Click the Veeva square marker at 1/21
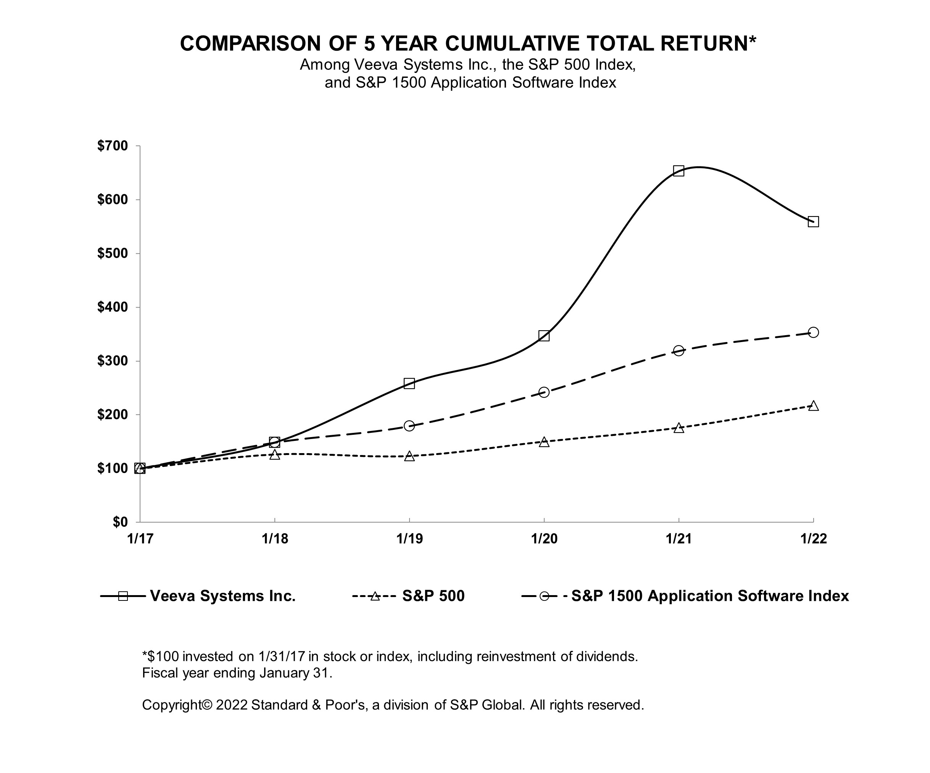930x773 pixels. pos(679,171)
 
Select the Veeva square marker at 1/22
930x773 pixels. pos(813,221)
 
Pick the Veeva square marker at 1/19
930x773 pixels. pos(409,383)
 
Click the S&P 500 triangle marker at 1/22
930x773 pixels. pos(813,406)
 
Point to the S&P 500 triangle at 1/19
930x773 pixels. pos(409,456)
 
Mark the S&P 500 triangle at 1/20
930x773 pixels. pos(544,442)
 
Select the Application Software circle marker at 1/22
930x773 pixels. pos(813,332)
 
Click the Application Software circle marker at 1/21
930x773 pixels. pos(679,351)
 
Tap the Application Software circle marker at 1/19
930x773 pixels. pos(409,426)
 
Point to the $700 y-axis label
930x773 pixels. pos(113,146)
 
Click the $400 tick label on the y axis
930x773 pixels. pos(113,307)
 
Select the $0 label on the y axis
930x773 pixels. pos(119,522)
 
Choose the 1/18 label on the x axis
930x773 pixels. pos(274,539)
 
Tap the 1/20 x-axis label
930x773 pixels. pos(544,539)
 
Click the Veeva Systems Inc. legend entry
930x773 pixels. pos(222,596)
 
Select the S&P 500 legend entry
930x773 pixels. pos(433,596)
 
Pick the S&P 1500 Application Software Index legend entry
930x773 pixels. pos(709,596)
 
